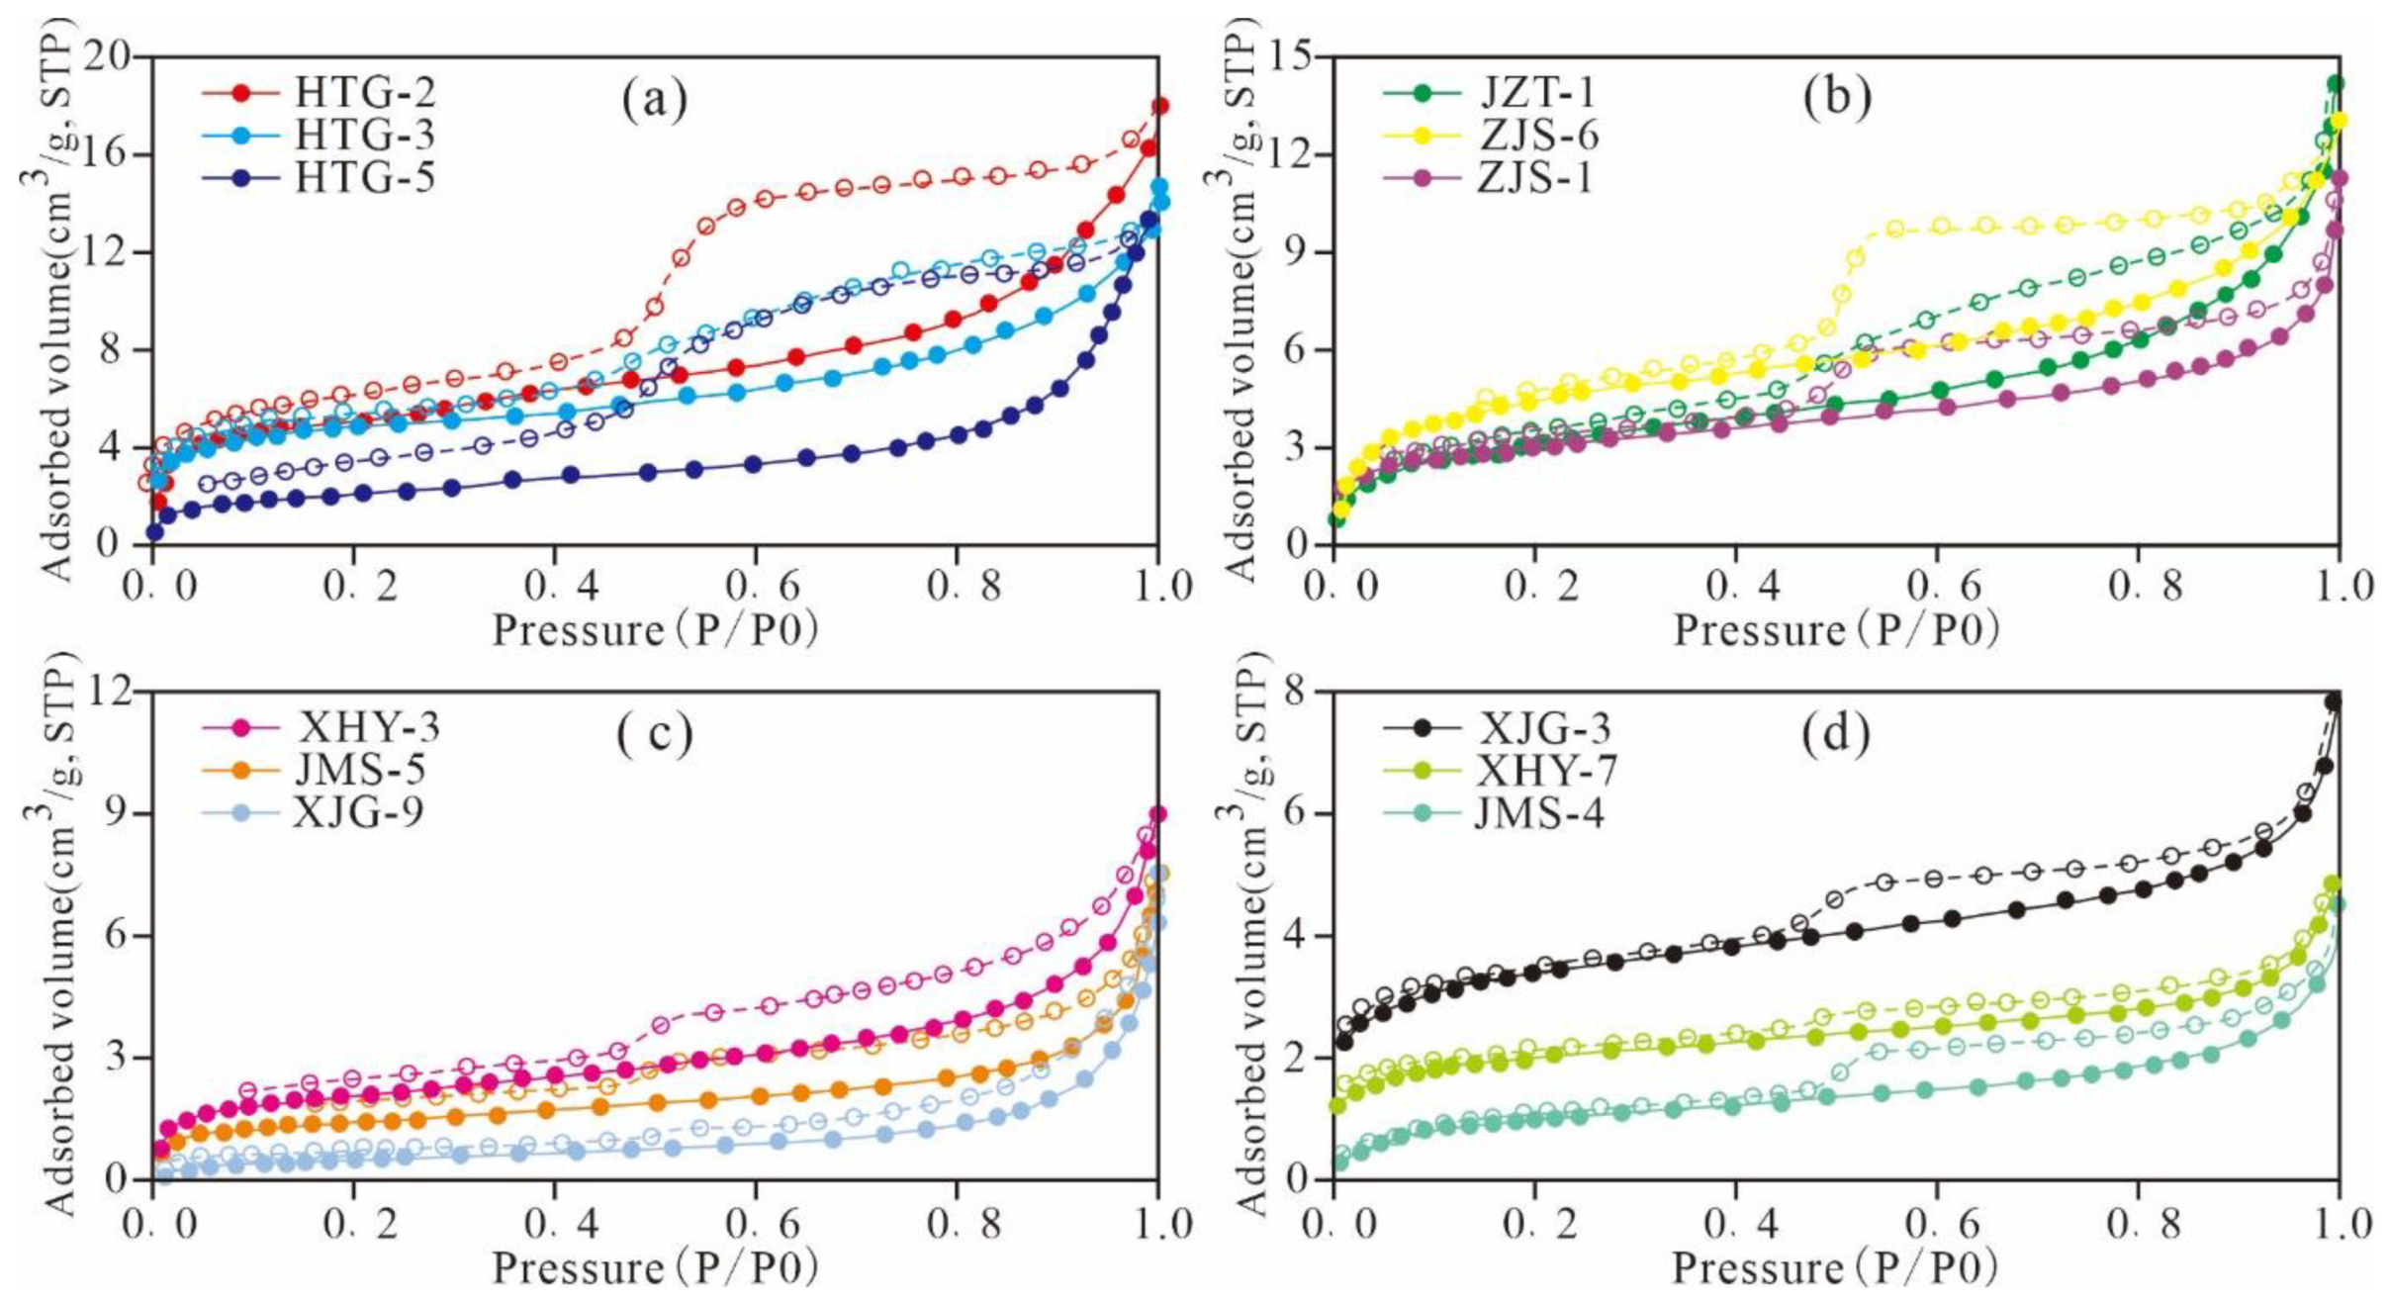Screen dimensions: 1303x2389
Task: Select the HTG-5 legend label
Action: pos(365,178)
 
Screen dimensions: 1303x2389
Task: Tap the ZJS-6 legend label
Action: pos(1538,136)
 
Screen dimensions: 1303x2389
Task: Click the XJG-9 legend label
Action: pos(358,812)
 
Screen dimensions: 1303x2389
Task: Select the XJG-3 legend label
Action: pos(1544,729)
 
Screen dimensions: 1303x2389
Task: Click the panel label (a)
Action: pos(654,99)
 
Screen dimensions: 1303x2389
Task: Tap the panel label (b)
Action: pos(1837,99)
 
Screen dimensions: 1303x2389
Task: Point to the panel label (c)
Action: pos(654,733)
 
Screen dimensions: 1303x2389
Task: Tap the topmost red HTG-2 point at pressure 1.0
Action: pos(1159,106)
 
